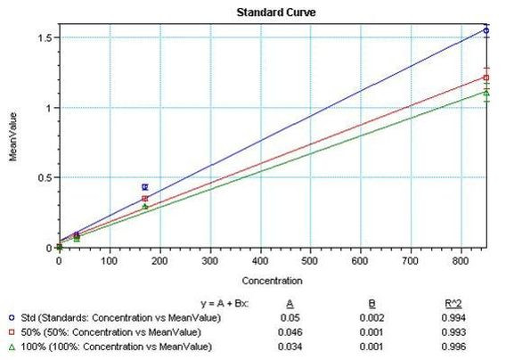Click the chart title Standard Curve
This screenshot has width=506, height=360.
coord(275,12)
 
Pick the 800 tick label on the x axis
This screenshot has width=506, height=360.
coord(461,261)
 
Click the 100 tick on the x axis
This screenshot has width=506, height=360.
coord(109,261)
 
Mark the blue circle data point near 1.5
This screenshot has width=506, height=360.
coord(486,30)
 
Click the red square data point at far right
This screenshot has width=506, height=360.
coord(486,78)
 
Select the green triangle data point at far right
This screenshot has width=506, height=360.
coord(486,92)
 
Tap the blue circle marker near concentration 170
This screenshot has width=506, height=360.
coord(145,187)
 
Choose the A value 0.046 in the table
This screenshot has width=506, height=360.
coord(303,331)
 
